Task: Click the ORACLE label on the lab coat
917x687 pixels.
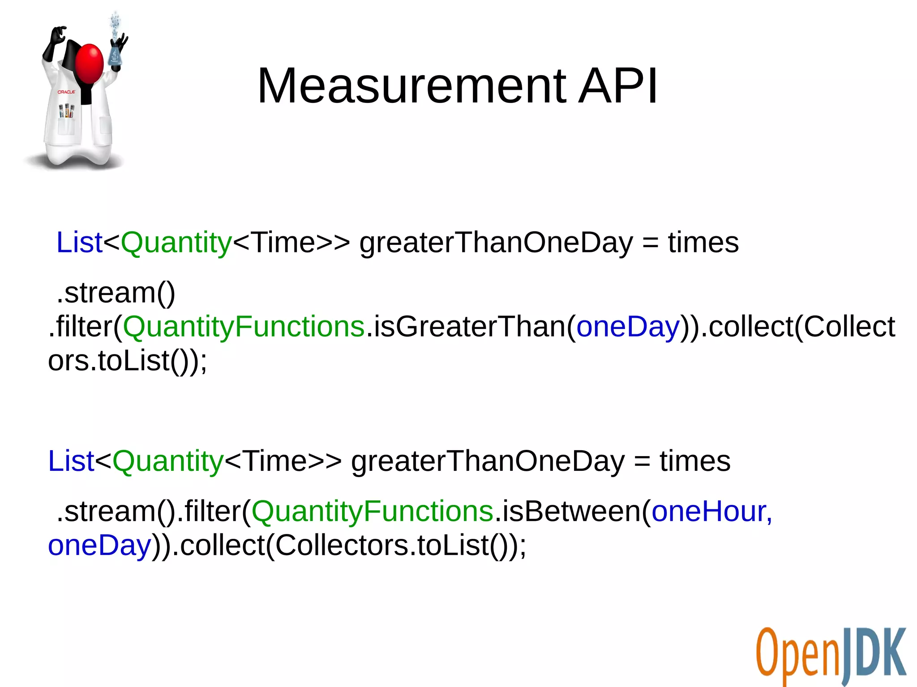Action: click(66, 92)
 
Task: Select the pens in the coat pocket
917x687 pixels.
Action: click(67, 111)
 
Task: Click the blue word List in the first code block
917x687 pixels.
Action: click(79, 243)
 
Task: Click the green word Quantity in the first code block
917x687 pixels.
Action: click(176, 243)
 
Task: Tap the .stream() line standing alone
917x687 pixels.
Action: click(116, 293)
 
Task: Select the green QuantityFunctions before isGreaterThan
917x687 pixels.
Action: click(244, 327)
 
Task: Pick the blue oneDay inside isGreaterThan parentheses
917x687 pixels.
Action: click(628, 327)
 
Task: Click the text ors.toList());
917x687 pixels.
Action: click(128, 361)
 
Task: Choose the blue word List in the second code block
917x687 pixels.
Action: click(71, 461)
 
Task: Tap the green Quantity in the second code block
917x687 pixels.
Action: click(167, 461)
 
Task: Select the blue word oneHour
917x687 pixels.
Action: click(711, 511)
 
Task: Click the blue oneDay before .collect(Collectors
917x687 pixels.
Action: click(99, 545)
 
